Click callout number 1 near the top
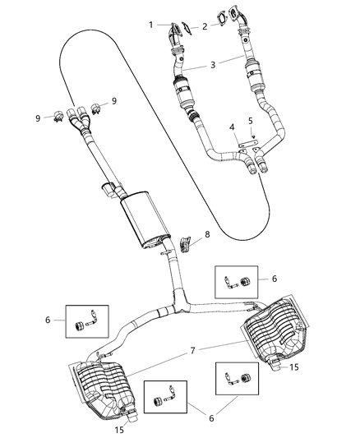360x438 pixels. pyautogui.click(x=151, y=25)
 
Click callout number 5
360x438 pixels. pyautogui.click(x=251, y=122)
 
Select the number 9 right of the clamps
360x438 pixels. pyautogui.click(x=114, y=100)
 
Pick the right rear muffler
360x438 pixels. pyautogui.click(x=276, y=328)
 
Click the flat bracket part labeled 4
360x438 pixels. pyautogui.click(x=245, y=145)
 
